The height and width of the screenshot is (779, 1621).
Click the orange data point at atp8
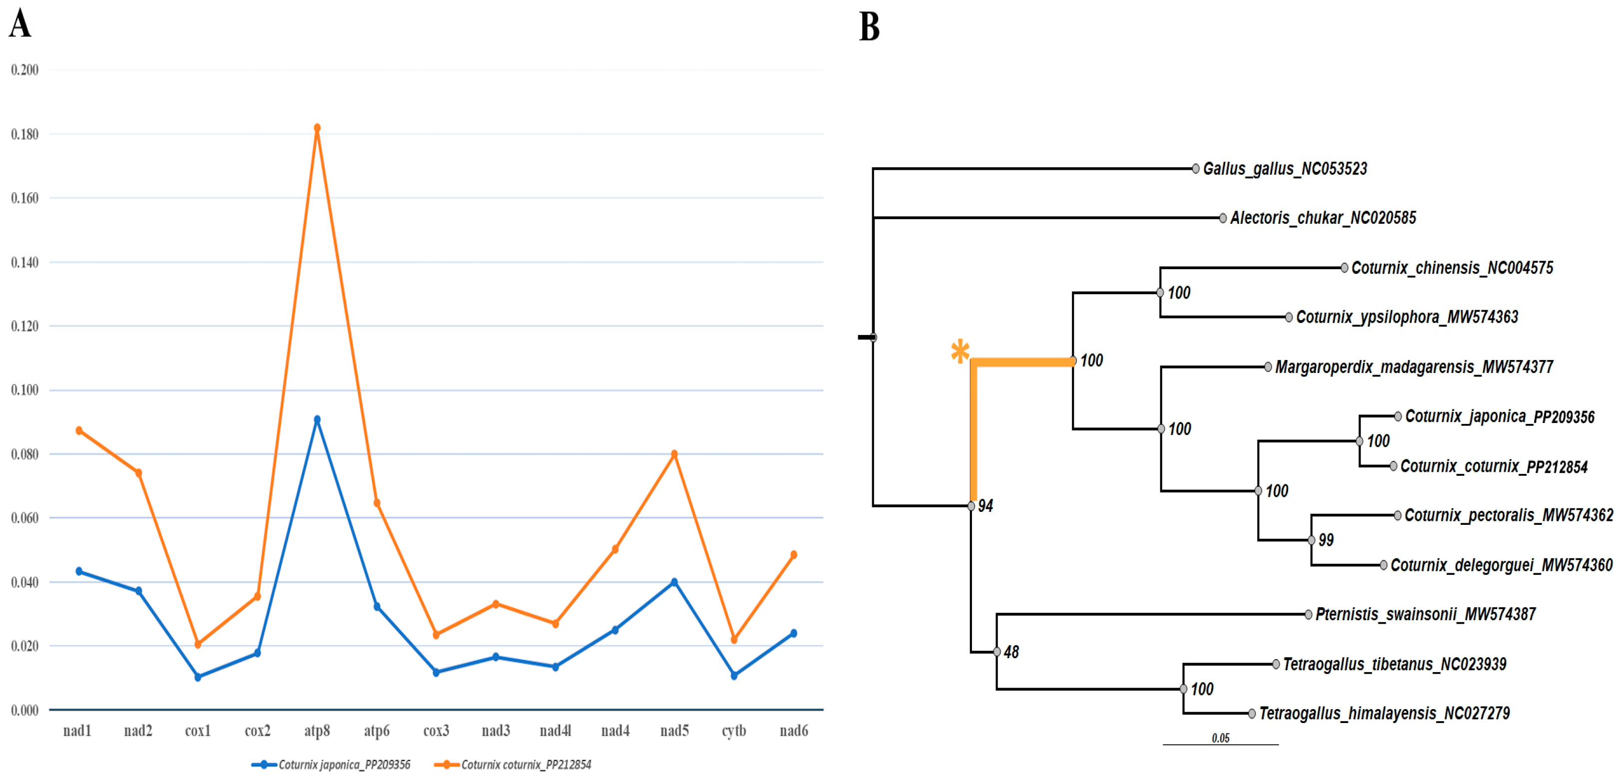click(317, 128)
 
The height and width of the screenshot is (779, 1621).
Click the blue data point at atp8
click(317, 419)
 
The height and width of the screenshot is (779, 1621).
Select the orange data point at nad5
click(674, 454)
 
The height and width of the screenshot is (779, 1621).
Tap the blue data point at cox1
click(198, 677)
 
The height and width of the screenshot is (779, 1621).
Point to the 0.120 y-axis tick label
click(24, 326)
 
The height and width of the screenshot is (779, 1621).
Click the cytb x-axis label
click(734, 731)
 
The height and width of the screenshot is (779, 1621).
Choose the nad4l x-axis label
click(555, 731)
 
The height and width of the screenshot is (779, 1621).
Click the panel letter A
click(19, 25)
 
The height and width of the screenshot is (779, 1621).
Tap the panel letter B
click(869, 27)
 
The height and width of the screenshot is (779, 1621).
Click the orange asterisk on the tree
click(960, 351)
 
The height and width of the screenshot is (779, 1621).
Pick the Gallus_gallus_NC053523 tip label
click(1285, 169)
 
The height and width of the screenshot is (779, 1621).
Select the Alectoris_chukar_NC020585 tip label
click(1323, 218)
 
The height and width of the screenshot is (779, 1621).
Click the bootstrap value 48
click(1011, 652)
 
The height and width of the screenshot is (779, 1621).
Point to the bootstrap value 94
click(985, 506)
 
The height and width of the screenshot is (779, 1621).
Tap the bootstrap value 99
click(1326, 540)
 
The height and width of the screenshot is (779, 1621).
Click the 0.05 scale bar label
click(1220, 738)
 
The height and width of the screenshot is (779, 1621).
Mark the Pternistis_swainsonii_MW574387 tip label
click(1425, 614)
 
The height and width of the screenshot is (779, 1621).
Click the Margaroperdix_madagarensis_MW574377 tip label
click(1414, 367)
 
